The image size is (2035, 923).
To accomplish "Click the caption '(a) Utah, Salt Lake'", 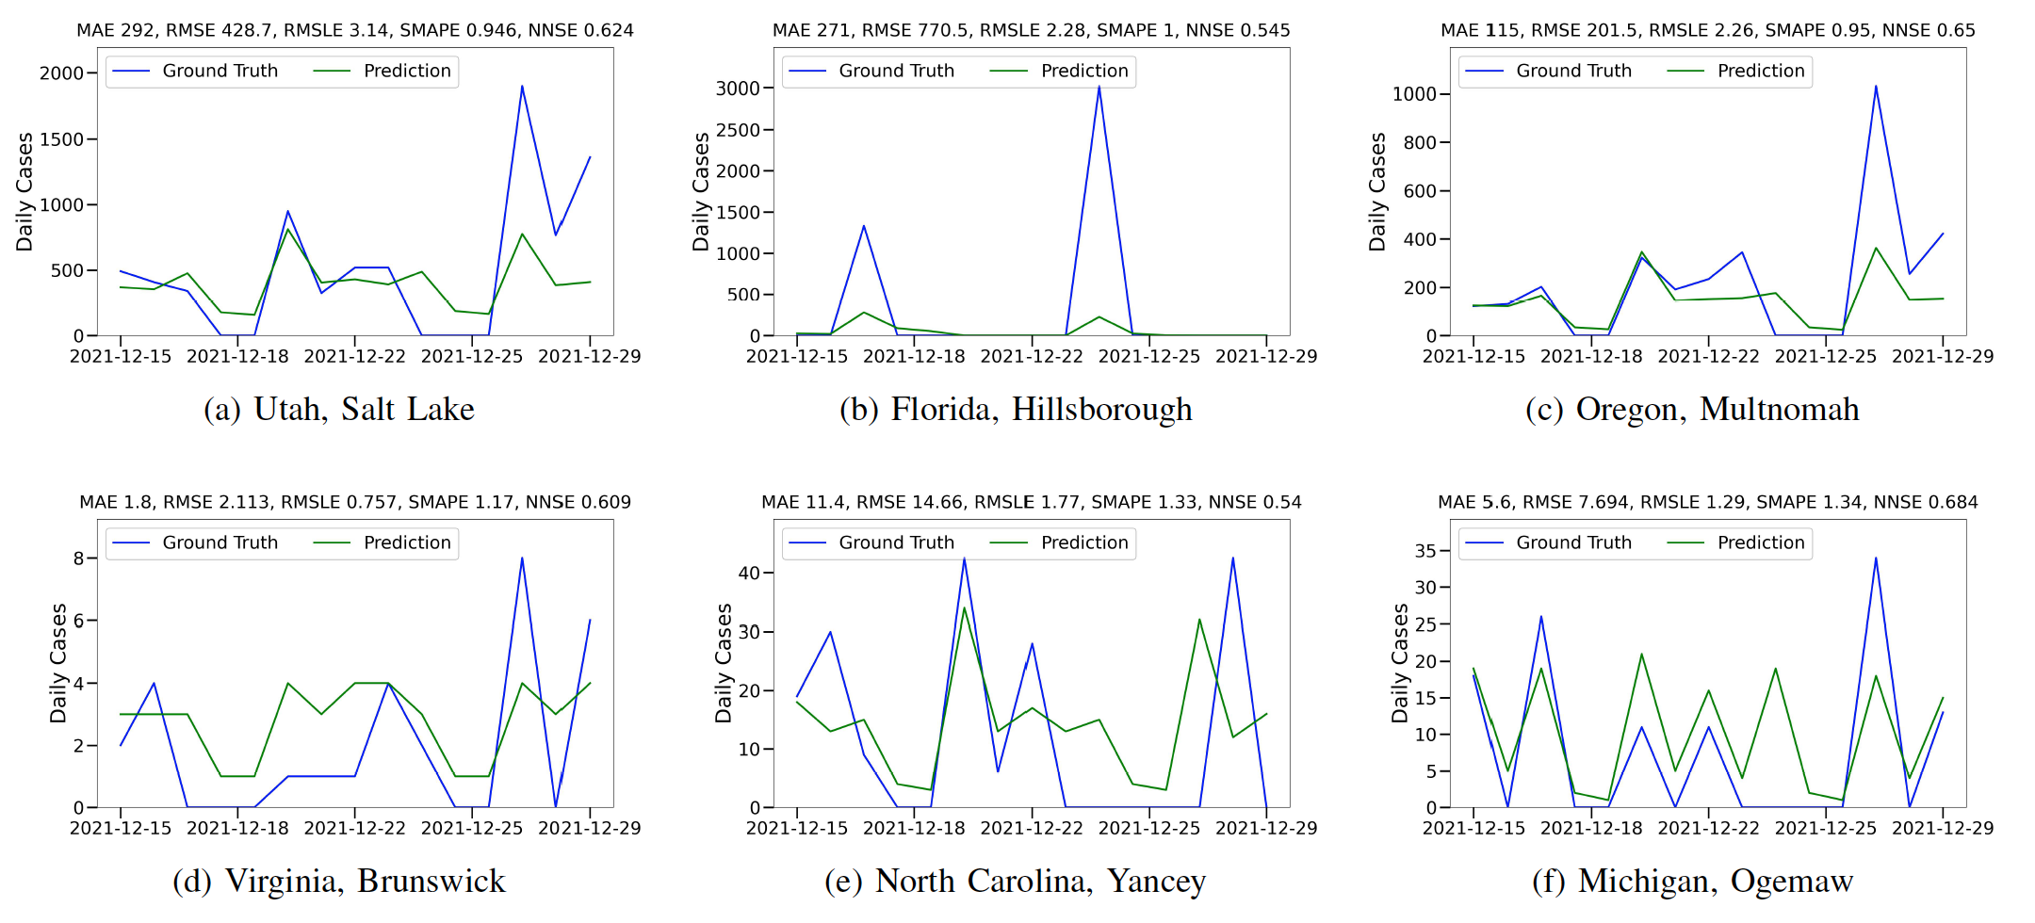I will (x=339, y=410).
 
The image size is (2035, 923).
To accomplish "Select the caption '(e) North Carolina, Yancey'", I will (x=1015, y=882).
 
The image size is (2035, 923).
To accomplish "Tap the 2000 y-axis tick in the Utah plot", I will (x=61, y=73).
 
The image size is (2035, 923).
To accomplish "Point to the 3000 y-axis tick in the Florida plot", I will (x=738, y=89).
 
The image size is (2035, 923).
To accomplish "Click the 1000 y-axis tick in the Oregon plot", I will (x=1414, y=94).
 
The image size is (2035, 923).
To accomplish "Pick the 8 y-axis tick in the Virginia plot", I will (x=79, y=559).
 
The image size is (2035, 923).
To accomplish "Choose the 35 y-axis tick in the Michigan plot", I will (x=1425, y=551).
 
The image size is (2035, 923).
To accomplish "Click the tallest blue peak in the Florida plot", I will (x=1099, y=88).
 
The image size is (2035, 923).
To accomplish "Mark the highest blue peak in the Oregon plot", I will (x=1875, y=88).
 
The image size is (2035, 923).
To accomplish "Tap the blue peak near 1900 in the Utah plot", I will (x=522, y=88).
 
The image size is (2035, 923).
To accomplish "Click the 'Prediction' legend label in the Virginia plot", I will (x=407, y=543).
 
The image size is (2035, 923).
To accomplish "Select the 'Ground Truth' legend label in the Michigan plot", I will (x=1573, y=543).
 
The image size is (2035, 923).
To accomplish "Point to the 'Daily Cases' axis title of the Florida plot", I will (x=701, y=192).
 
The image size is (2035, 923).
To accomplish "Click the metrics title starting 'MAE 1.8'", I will (x=355, y=503).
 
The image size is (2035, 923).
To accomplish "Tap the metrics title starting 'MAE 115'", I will (x=1707, y=31).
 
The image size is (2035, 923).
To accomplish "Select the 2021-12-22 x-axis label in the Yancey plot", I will (x=1032, y=829).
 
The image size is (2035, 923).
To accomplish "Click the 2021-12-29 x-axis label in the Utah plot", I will (x=589, y=357).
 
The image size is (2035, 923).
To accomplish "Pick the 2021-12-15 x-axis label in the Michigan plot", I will (x=1473, y=829).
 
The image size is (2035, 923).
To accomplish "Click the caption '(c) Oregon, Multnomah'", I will (x=1692, y=410).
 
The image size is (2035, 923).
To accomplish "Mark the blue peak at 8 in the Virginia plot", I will (x=522, y=559).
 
